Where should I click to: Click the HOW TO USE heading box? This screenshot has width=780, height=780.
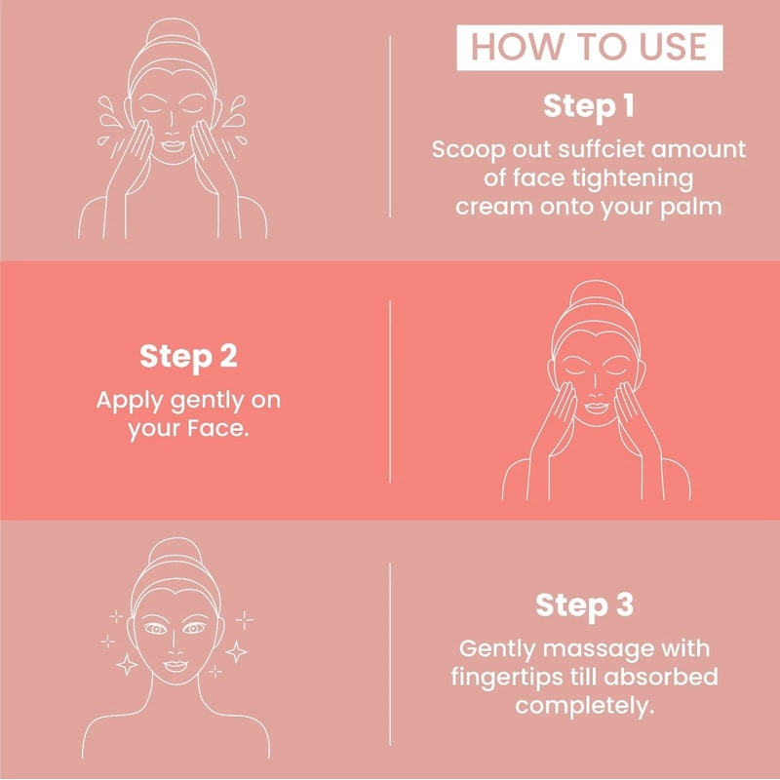coord(590,48)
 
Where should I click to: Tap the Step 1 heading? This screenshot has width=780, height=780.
coord(589,106)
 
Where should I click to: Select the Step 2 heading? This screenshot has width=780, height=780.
coord(188,356)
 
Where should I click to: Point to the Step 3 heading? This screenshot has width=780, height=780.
coord(585,605)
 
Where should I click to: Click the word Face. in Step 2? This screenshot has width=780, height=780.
coord(213,428)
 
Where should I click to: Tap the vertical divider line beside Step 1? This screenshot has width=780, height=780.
coord(390,127)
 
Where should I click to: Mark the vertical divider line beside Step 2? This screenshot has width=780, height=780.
coord(390,390)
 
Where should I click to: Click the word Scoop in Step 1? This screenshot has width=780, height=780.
coord(465,150)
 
